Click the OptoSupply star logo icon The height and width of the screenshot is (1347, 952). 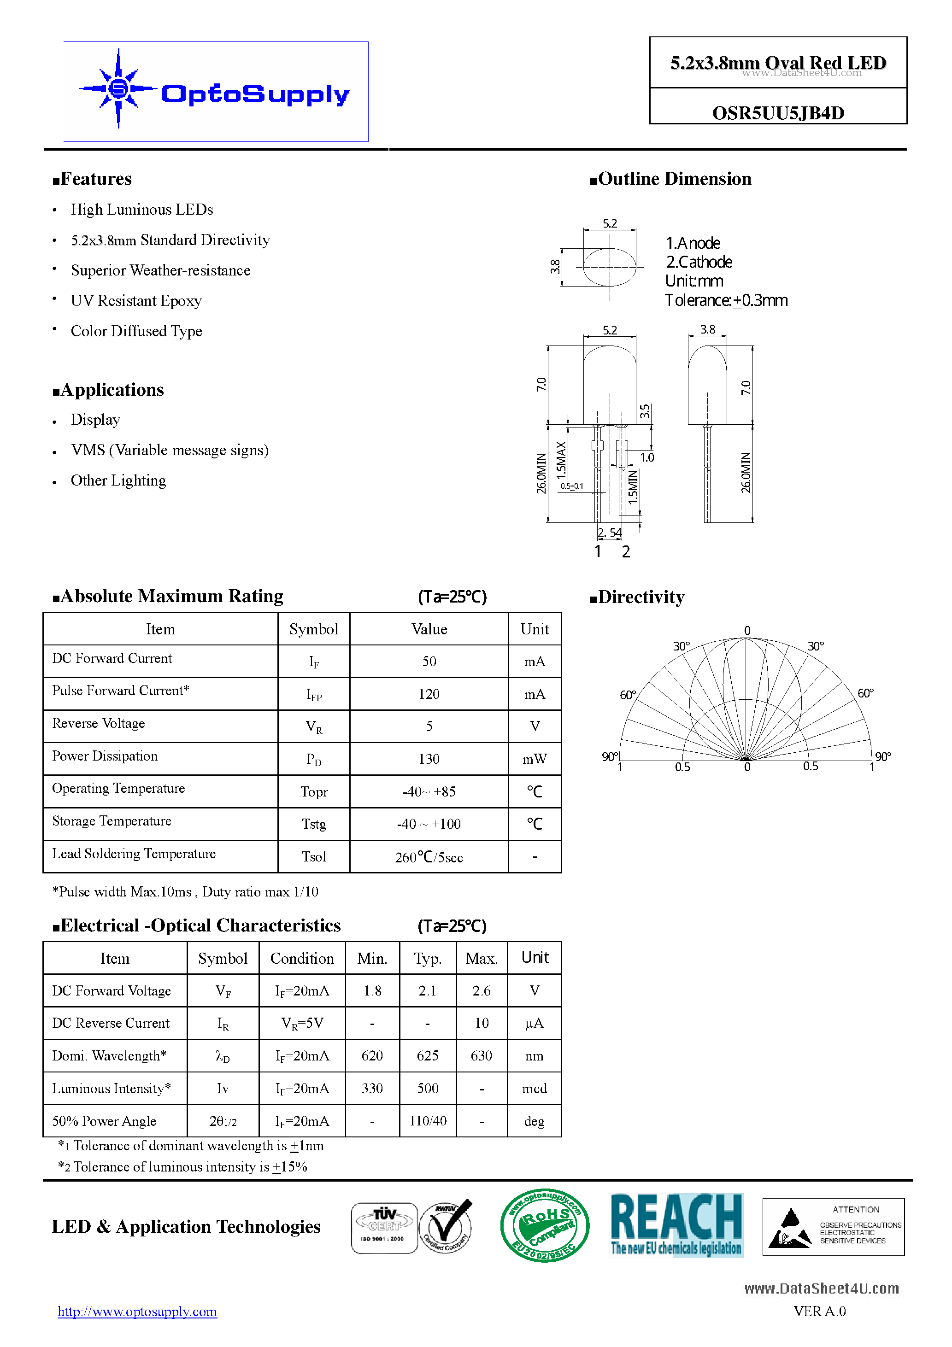pyautogui.click(x=118, y=88)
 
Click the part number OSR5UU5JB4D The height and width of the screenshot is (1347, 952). pyautogui.click(x=778, y=113)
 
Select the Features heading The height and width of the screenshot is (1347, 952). pyautogui.click(x=92, y=179)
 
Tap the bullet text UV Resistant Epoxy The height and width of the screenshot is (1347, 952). pyautogui.click(x=136, y=301)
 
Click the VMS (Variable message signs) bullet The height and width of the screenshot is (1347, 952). pyautogui.click(x=170, y=450)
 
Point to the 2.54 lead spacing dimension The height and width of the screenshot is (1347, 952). pyautogui.click(x=609, y=533)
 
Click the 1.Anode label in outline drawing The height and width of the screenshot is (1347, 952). pyautogui.click(x=693, y=243)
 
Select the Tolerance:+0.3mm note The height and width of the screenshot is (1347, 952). pyautogui.click(x=726, y=300)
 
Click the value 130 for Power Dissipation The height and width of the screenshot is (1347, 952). pyautogui.click(x=429, y=759)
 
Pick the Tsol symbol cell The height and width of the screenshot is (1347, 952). pyautogui.click(x=313, y=856)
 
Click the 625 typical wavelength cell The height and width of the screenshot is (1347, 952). pyautogui.click(x=427, y=1056)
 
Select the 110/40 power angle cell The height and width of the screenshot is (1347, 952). pyautogui.click(x=427, y=1121)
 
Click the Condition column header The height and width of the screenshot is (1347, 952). pyautogui.click(x=302, y=959)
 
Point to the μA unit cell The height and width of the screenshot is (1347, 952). pyautogui.click(x=534, y=1024)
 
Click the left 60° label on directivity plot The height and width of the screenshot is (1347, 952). pyautogui.click(x=628, y=695)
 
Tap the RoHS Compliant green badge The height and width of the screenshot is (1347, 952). pyautogui.click(x=544, y=1225)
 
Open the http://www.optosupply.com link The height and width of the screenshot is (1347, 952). pyautogui.click(x=137, y=1312)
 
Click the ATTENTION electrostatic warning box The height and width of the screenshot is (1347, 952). pyautogui.click(x=833, y=1226)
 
